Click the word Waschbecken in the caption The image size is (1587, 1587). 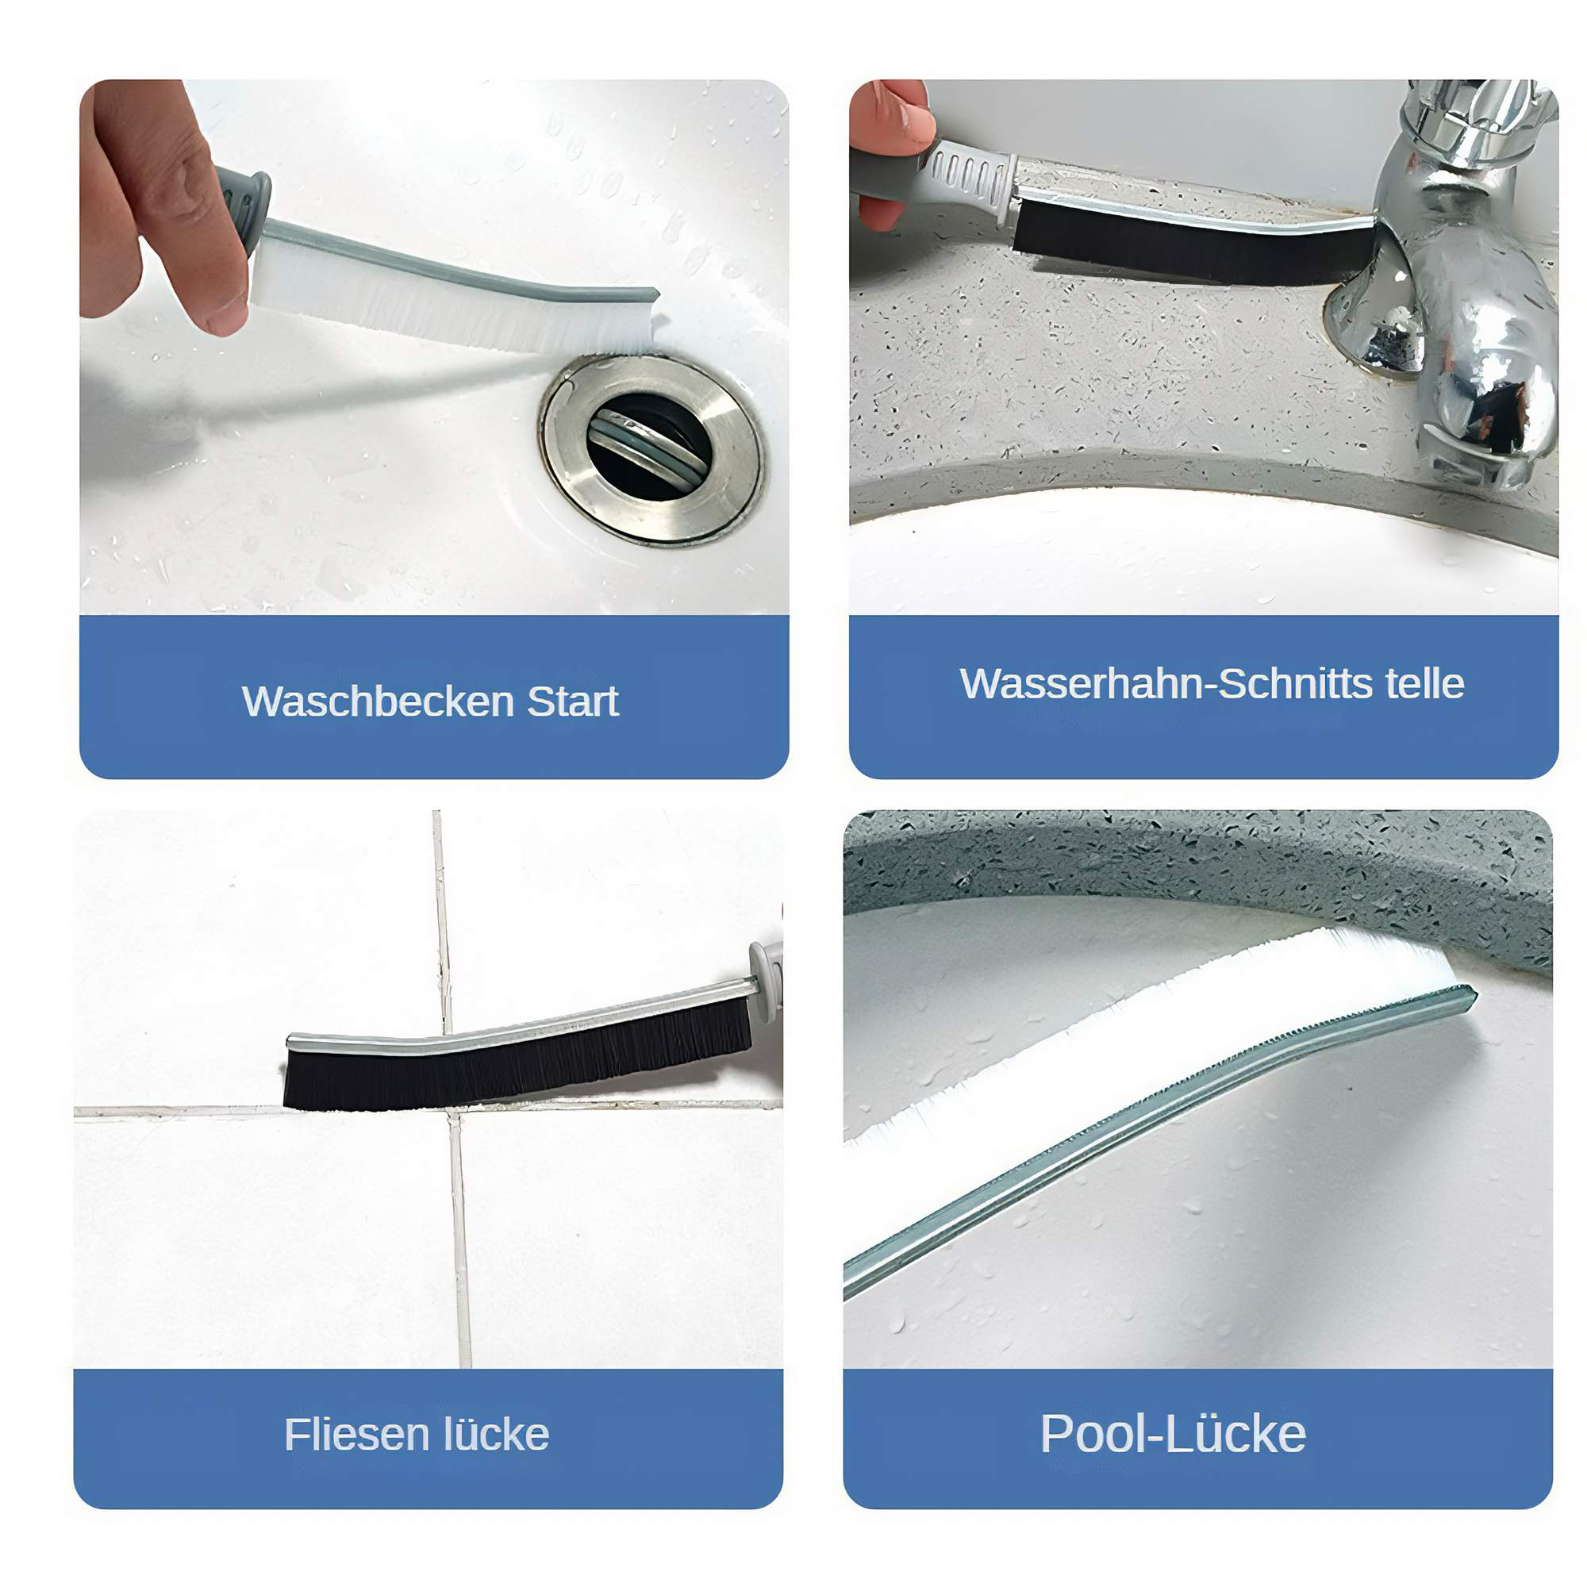(378, 701)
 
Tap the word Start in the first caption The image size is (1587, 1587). (573, 701)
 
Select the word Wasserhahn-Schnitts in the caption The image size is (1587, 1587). (1166, 683)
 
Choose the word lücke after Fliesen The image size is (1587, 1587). (496, 1434)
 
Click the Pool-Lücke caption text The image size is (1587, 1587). (1173, 1433)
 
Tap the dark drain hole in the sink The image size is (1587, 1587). (649, 446)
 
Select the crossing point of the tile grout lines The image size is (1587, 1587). (451, 1110)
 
